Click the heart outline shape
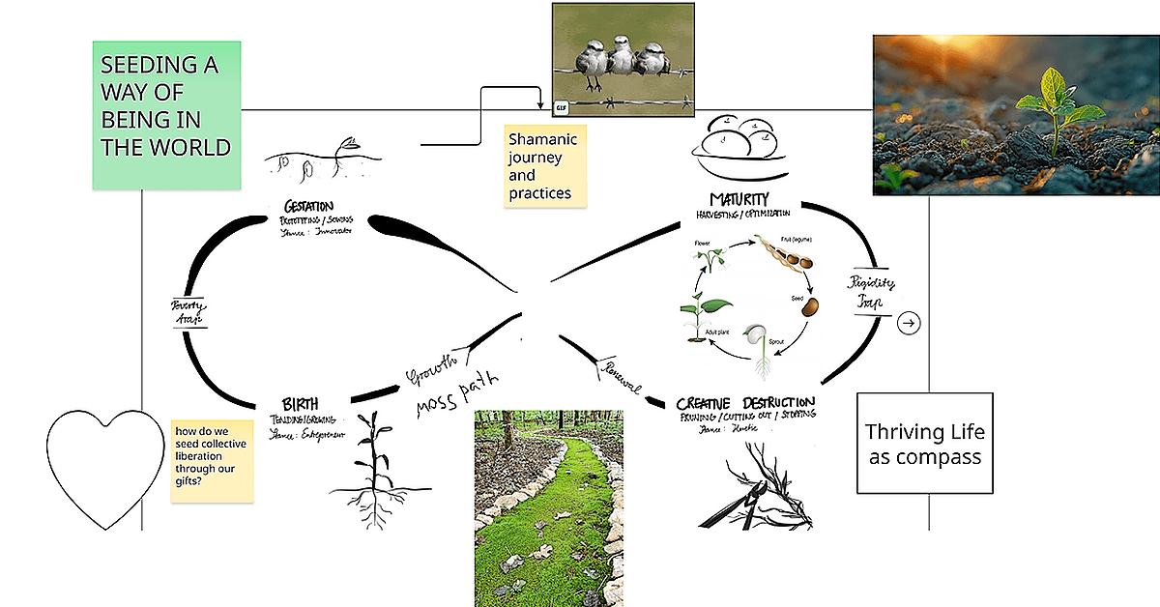click(105, 465)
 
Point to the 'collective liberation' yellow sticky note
click(213, 459)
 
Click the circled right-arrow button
click(909, 323)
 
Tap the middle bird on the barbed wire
click(622, 57)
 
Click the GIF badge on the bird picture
click(562, 106)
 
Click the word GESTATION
click(308, 206)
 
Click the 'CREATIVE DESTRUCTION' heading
click(745, 402)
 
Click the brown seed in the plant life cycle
click(809, 306)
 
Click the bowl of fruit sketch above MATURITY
click(736, 144)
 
